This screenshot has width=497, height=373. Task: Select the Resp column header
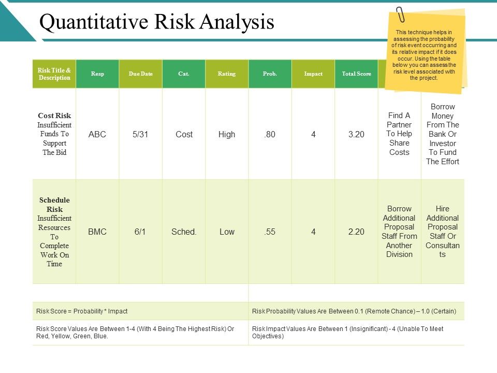(97, 74)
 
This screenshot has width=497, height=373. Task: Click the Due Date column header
(140, 74)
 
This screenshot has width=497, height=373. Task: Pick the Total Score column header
(356, 74)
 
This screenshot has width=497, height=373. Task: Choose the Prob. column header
(270, 74)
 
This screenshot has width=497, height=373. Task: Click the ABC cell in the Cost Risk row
(97, 134)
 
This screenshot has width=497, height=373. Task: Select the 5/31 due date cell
(140, 134)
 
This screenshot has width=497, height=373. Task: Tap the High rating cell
(227, 134)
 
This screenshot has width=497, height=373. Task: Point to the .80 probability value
(270, 134)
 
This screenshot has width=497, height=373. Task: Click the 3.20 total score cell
(356, 134)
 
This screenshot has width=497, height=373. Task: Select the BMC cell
(97, 232)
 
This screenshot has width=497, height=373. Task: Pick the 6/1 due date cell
(140, 232)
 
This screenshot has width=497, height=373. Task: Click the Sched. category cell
(184, 232)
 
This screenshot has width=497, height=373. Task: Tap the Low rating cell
(227, 232)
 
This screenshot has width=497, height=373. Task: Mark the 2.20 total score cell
(356, 232)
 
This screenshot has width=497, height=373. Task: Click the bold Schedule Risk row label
(54, 205)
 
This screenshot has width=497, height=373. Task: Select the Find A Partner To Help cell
(399, 134)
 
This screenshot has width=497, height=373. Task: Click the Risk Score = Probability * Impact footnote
(82, 311)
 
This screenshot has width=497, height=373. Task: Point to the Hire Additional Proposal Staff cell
(442, 231)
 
